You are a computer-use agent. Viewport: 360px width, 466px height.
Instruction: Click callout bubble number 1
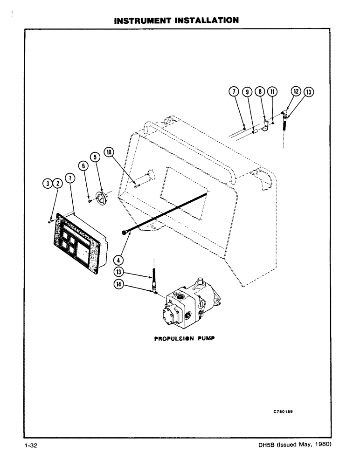(x=69, y=177)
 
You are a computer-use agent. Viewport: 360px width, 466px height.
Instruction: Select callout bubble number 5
(x=96, y=158)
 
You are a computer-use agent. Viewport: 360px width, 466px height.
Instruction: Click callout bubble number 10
(x=109, y=152)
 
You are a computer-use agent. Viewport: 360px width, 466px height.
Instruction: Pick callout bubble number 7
(x=235, y=92)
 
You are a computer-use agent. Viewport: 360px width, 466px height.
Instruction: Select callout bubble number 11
(x=272, y=92)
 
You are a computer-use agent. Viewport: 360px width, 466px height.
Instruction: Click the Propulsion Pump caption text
(x=183, y=339)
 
